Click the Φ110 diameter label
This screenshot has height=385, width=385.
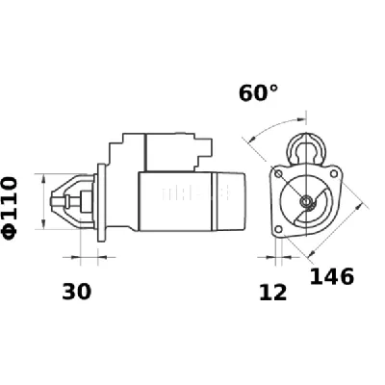11,204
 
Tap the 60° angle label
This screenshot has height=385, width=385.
259,93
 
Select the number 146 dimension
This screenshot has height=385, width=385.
332,276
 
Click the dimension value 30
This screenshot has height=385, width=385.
77,292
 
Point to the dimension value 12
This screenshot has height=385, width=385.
273,293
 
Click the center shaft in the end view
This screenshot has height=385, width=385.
306,201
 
